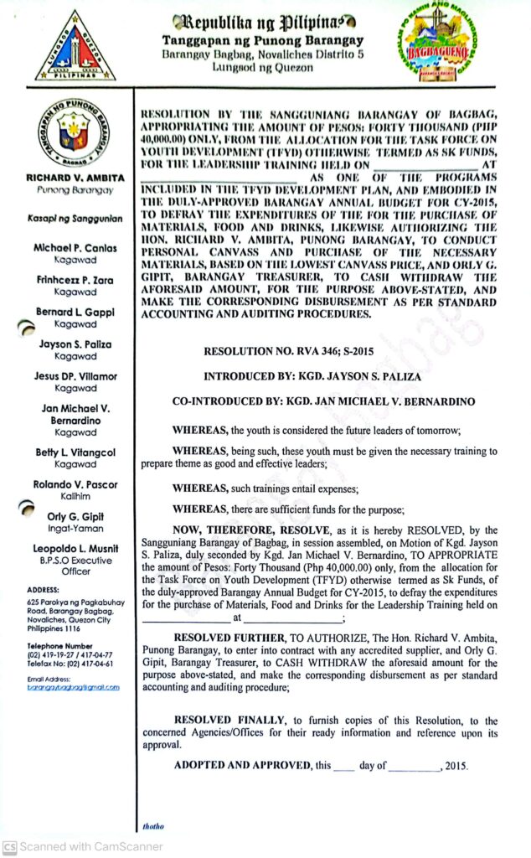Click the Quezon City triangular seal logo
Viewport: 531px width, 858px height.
pos(75,46)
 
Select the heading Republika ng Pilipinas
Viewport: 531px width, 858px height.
pos(265,22)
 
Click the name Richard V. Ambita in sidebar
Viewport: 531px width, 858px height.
pos(75,178)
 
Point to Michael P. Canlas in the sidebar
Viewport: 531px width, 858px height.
pos(75,248)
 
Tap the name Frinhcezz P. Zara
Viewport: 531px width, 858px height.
pos(75,280)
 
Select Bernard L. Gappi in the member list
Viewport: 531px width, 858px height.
pos(75,312)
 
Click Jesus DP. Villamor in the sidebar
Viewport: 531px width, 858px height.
pos(75,376)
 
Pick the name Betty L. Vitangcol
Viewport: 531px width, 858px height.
pos(75,452)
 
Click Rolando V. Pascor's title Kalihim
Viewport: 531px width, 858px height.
pos(75,496)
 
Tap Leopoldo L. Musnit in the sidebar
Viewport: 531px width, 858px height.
pos(75,548)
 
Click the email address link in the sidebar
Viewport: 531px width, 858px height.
pos(73,687)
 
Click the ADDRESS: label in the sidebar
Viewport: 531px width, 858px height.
pos(43,590)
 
